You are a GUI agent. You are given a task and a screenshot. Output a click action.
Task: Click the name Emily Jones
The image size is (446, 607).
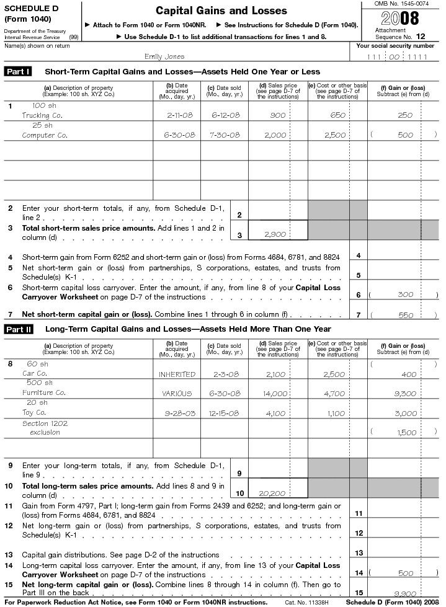pyautogui.click(x=164, y=56)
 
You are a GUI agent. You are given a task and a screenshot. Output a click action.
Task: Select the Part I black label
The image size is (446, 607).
pyautogui.click(x=19, y=71)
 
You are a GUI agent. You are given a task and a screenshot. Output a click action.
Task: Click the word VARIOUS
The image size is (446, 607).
pyautogui.click(x=177, y=393)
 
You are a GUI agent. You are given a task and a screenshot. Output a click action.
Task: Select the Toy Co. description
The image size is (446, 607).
pyautogui.click(x=34, y=412)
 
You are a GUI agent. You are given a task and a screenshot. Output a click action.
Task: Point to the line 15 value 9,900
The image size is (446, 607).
pyautogui.click(x=405, y=593)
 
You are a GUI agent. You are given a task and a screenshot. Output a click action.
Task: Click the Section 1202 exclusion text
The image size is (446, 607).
pyautogui.click(x=45, y=428)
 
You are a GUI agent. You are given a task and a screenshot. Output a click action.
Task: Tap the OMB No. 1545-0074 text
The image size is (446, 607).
pyautogui.click(x=401, y=4)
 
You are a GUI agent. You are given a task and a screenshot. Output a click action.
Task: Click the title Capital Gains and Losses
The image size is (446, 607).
pyautogui.click(x=221, y=11)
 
